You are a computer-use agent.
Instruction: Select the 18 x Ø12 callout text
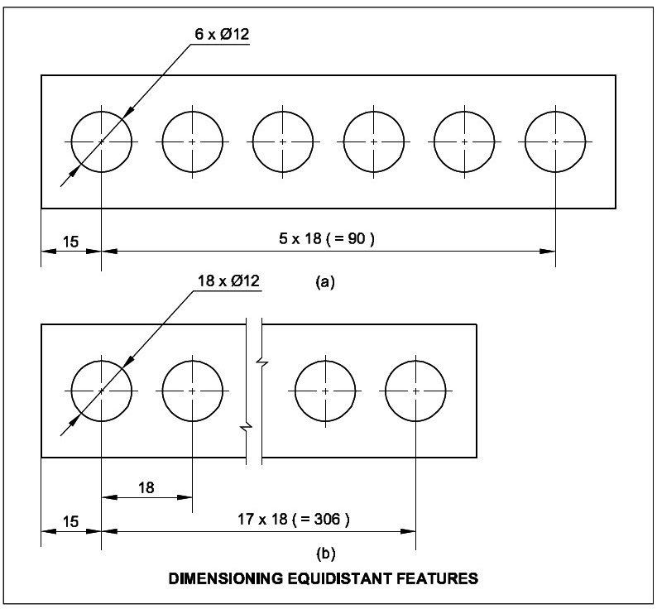tap(228, 281)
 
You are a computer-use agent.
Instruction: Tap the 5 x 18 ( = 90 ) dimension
tap(327, 240)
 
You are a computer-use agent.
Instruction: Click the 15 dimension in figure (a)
tap(70, 242)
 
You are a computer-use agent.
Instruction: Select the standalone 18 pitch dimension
tap(146, 487)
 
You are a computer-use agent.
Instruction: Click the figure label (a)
tap(325, 282)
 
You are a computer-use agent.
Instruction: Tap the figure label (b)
tap(325, 551)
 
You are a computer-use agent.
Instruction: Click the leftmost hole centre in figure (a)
tap(101, 142)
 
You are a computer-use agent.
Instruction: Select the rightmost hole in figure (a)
tap(554, 142)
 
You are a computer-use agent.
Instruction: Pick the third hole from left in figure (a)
tap(282, 142)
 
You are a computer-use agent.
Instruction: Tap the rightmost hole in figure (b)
tap(415, 390)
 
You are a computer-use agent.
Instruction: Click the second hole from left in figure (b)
tap(192, 390)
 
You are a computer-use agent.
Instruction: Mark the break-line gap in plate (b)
tap(254, 390)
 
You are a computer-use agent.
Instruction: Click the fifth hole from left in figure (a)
tap(463, 142)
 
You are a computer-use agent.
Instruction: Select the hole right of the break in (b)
tap(325, 390)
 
